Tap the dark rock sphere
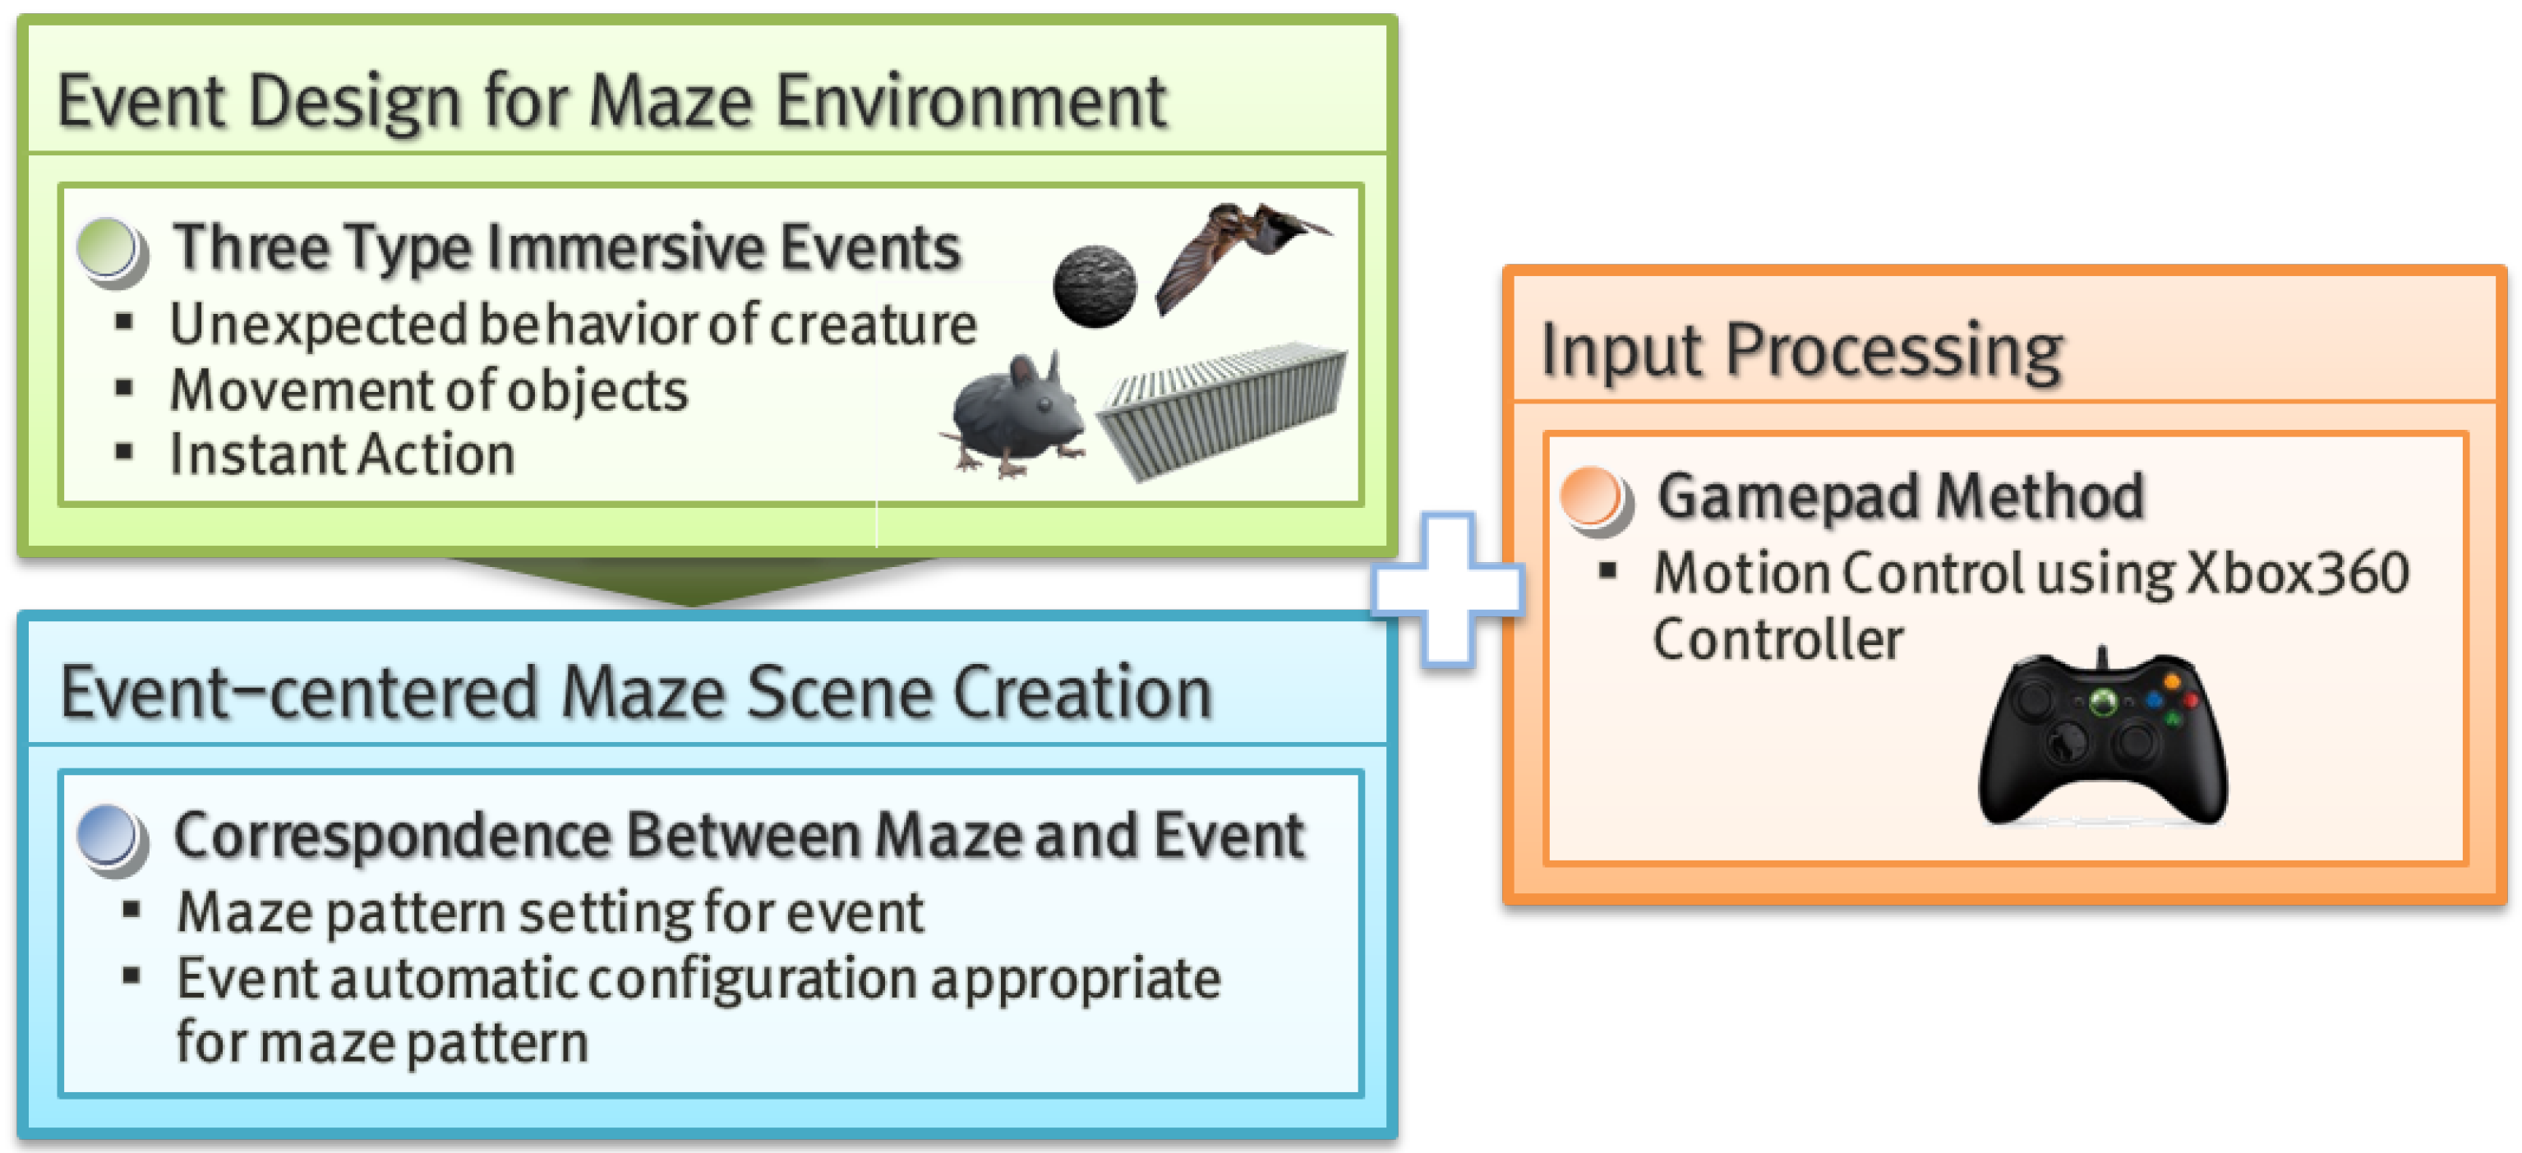(x=1095, y=285)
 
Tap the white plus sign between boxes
(x=1447, y=589)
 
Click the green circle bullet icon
(x=111, y=251)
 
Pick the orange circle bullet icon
(x=1594, y=498)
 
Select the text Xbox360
(x=2297, y=574)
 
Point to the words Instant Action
(x=342, y=455)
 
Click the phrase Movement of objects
(x=429, y=390)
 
